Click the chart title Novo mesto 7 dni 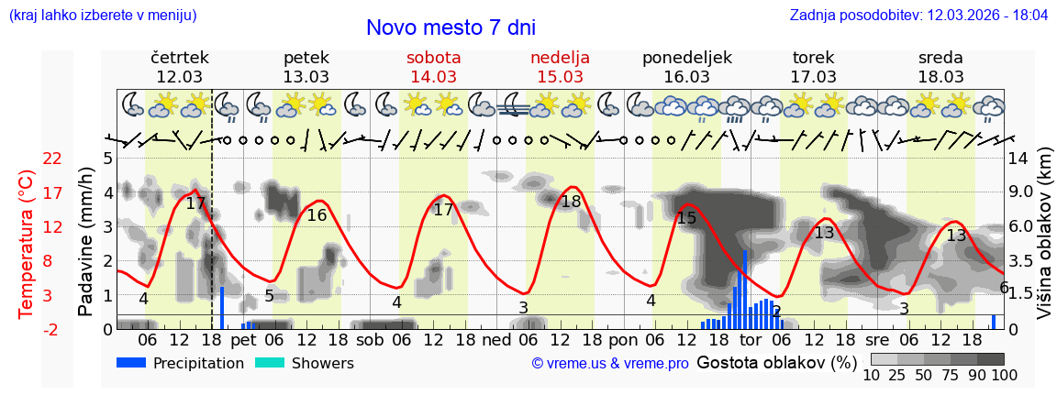451,27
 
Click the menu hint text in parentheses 102,16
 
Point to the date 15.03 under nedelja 560,77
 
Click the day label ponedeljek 687,58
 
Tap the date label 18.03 940,77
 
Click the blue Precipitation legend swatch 131,363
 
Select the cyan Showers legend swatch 269,363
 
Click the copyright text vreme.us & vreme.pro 610,364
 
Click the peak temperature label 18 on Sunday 571,202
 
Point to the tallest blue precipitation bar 744,289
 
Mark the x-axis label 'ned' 496,339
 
